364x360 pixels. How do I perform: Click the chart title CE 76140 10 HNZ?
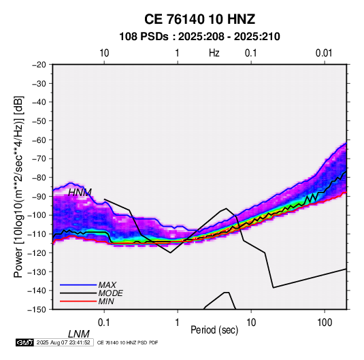click(199, 19)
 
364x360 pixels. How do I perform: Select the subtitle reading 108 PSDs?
click(144, 37)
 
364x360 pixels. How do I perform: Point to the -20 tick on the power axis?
click(39, 65)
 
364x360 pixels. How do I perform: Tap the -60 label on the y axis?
click(39, 140)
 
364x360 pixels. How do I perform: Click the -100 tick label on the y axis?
click(37, 215)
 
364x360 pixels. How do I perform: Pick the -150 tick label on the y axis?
click(37, 310)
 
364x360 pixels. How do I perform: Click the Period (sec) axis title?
click(214, 330)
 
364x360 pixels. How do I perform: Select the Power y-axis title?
click(18, 187)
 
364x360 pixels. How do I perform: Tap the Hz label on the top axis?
click(214, 53)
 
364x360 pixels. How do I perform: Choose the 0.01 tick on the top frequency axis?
click(324, 53)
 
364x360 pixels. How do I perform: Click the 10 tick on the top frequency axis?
click(104, 53)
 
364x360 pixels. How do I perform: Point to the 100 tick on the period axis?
click(325, 323)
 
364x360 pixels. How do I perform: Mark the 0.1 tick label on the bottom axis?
click(104, 323)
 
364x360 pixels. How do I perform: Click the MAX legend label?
click(107, 285)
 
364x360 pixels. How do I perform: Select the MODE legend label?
click(110, 293)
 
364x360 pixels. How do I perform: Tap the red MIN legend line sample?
click(78, 301)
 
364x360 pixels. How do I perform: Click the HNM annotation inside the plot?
click(80, 193)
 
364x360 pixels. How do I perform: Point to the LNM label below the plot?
click(79, 334)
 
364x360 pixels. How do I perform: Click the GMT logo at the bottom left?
click(24, 342)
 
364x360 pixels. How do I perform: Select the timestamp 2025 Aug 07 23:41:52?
click(63, 342)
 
